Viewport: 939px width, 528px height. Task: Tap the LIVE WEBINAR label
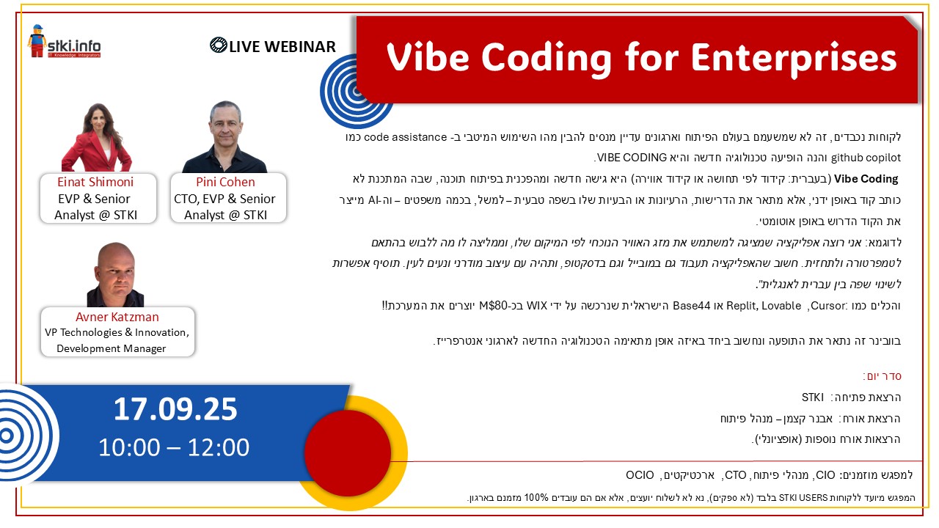click(273, 46)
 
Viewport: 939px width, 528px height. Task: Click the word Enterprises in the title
click(794, 59)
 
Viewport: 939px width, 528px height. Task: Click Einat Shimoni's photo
click(98, 137)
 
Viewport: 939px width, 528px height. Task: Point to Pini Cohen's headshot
click(224, 136)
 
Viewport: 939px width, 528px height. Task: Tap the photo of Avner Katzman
click(116, 274)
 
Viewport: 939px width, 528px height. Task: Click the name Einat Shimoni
click(95, 182)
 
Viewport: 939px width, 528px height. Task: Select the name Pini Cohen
click(225, 182)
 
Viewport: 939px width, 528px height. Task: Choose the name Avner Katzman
click(117, 317)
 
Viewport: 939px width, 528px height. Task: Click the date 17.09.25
click(175, 409)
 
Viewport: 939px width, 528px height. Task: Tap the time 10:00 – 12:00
click(174, 447)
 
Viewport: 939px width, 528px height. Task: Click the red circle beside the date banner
click(348, 453)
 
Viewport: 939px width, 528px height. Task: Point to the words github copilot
click(866, 158)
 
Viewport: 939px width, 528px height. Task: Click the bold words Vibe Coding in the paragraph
click(866, 179)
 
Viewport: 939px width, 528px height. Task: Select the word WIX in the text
click(537, 306)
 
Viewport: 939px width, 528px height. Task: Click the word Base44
click(691, 306)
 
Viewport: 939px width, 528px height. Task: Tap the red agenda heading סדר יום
click(883, 376)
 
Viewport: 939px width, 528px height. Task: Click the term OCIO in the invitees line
click(640, 474)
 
